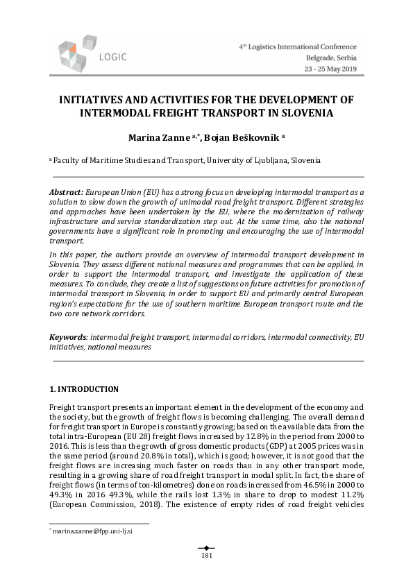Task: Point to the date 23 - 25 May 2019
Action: click(x=332, y=70)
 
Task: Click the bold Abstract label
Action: click(x=66, y=191)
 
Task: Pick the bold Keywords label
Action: click(x=67, y=337)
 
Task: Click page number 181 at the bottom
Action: click(x=206, y=556)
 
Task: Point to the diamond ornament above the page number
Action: click(x=206, y=547)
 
